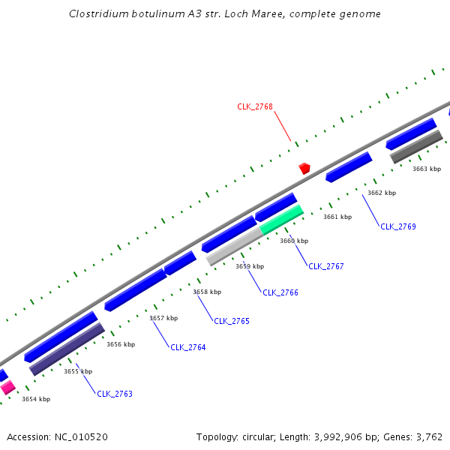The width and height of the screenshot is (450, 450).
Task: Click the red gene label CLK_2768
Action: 255,106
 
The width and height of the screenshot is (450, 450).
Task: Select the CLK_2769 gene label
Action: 397,226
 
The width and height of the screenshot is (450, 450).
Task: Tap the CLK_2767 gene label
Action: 326,266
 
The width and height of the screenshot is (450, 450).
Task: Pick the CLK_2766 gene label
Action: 280,292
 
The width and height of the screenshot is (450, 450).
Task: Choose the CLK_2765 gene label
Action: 232,321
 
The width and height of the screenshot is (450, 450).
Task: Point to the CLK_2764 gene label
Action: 187,347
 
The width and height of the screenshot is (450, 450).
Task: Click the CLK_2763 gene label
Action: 115,394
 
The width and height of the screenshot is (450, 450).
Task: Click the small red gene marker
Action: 304,168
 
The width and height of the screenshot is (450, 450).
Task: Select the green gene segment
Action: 282,219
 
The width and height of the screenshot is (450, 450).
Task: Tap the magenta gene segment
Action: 7,388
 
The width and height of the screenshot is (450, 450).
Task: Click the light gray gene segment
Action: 234,246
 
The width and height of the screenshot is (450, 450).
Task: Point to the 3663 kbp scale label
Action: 426,169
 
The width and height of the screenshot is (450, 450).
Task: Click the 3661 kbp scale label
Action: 337,217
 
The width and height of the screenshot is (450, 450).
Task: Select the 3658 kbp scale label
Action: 207,292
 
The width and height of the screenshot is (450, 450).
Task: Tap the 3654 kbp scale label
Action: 35,399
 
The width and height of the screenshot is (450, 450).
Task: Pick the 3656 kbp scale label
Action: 121,344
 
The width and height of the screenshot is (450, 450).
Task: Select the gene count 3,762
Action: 428,436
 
